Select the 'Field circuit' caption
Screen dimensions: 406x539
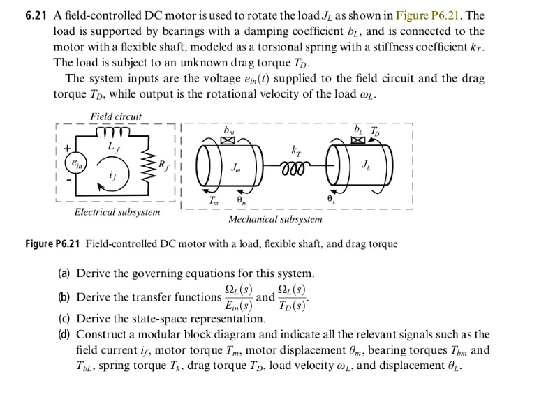[x=116, y=116]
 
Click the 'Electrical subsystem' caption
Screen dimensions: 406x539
[x=117, y=211]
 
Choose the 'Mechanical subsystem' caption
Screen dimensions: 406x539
[x=276, y=219]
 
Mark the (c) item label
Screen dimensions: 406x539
[x=65, y=319]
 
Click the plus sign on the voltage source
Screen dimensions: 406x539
[x=68, y=148]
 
